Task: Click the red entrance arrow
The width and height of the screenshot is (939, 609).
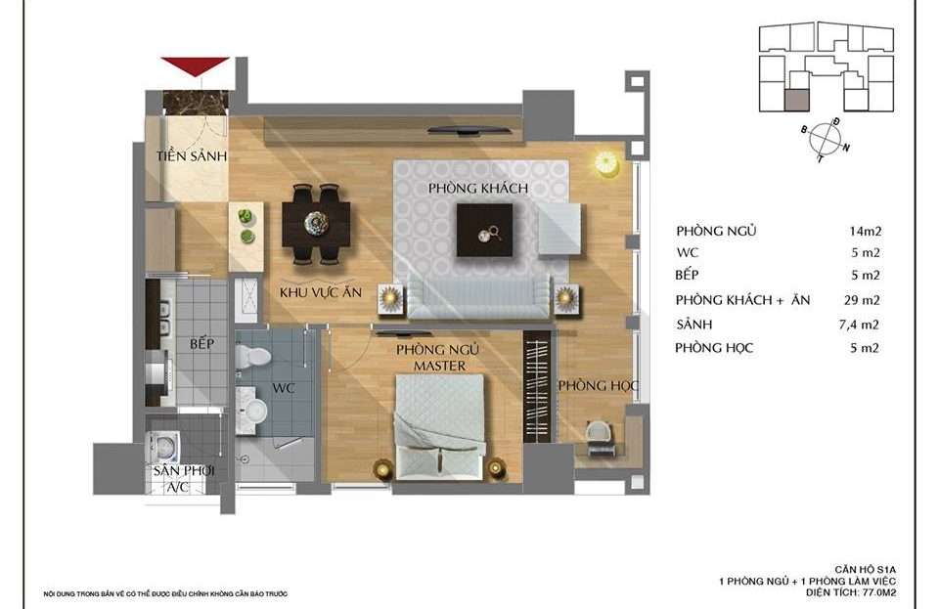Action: pyautogui.click(x=195, y=65)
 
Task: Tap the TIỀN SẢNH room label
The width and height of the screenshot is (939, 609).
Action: pyautogui.click(x=192, y=156)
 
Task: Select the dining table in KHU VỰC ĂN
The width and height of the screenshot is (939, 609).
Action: pyautogui.click(x=316, y=224)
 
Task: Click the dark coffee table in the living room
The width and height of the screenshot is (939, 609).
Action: pyautogui.click(x=484, y=231)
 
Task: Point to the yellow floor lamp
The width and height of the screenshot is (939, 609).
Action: pyautogui.click(x=606, y=162)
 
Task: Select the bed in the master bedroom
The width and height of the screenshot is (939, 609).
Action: pyautogui.click(x=440, y=426)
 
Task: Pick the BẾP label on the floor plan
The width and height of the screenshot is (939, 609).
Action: pyautogui.click(x=201, y=344)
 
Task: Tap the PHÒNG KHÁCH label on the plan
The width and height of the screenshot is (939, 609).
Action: pyautogui.click(x=478, y=189)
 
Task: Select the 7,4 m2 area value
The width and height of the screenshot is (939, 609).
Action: pyautogui.click(x=860, y=325)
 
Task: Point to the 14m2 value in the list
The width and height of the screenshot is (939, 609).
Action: pyautogui.click(x=866, y=231)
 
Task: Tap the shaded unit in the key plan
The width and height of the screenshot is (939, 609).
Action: pyautogui.click(x=796, y=101)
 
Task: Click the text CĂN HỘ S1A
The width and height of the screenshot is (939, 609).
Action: pyautogui.click(x=866, y=570)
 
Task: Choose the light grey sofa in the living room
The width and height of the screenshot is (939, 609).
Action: pyautogui.click(x=478, y=297)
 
